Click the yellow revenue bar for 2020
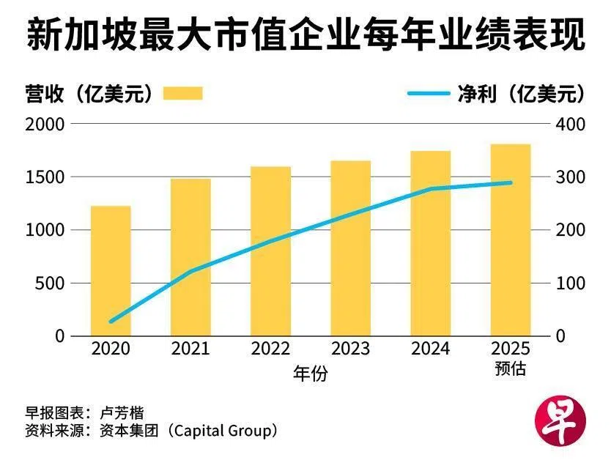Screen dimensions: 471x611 111,271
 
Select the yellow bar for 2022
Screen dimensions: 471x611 270,251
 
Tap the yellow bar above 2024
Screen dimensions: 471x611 430,243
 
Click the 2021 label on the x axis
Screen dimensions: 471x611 190,349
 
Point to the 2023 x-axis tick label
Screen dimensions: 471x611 350,349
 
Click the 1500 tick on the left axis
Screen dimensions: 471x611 47,177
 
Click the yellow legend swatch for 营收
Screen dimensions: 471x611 182,93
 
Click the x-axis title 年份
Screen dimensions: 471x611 310,374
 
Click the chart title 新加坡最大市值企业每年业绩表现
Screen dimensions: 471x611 305,34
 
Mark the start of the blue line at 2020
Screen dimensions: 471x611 111,322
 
